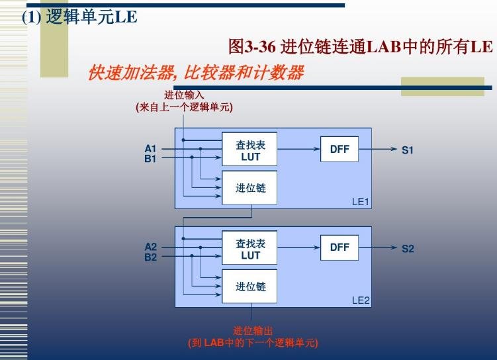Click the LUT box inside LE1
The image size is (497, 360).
coord(250,150)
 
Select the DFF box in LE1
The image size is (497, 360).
coord(339,150)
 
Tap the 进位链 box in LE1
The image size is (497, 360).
coord(250,188)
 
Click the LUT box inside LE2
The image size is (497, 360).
coord(250,249)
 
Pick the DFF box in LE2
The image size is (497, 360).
coord(339,247)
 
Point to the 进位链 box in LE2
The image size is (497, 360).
coord(250,287)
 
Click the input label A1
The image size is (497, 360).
coord(150,149)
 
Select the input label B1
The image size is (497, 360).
coord(150,159)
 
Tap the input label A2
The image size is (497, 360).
coord(150,247)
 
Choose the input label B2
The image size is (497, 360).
coord(150,257)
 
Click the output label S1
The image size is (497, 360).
coord(407,150)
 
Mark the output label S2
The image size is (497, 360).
coord(407,249)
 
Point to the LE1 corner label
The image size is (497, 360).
coord(360,201)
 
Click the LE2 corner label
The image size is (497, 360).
coord(361,300)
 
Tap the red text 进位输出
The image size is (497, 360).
coord(252,330)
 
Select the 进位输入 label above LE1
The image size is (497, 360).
coord(184,95)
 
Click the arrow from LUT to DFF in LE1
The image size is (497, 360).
coord(298,149)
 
